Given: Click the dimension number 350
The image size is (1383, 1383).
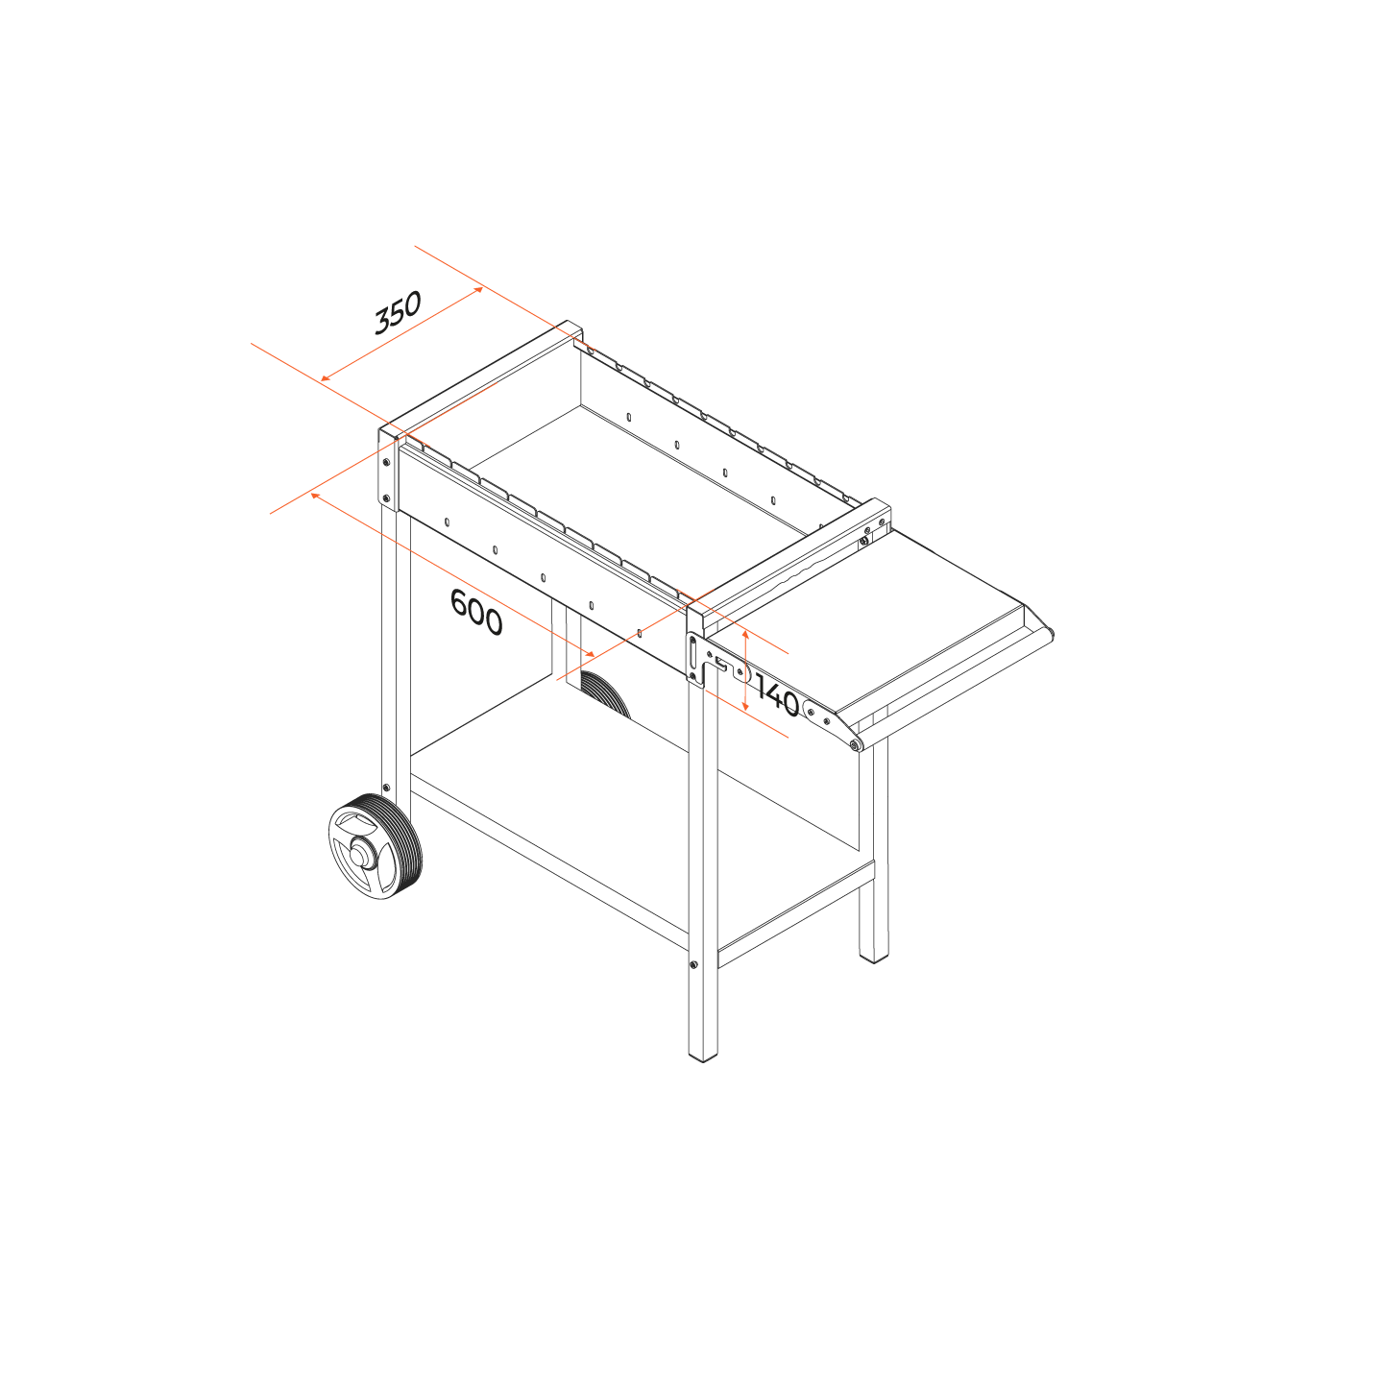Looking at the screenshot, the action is tap(397, 313).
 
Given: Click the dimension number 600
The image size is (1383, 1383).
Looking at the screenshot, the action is tap(475, 612).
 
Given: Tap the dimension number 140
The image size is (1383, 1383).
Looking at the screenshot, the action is tap(777, 697).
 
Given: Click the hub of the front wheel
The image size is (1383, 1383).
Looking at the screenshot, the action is tap(359, 855).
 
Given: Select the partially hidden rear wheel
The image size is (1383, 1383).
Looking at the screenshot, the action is tap(605, 692).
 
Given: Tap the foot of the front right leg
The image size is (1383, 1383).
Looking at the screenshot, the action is tap(703, 1056).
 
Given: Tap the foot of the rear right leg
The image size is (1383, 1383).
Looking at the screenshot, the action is tap(873, 957).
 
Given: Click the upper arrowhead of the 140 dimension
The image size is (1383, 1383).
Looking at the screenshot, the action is tap(745, 635).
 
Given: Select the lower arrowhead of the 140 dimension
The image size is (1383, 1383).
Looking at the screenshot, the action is tap(745, 707).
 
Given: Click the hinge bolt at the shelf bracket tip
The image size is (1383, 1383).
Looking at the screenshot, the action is tap(854, 745).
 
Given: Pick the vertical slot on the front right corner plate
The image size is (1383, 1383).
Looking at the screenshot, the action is tap(692, 653).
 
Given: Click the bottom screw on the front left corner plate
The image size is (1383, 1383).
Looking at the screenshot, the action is tap(386, 498).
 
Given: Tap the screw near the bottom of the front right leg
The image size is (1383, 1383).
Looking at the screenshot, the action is tap(693, 964).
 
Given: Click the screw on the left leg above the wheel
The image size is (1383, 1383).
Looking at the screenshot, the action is tap(386, 788).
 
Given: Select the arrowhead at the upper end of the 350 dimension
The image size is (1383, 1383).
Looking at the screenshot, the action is tap(478, 289).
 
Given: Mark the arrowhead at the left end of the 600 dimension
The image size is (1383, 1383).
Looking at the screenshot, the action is tap(314, 496).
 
